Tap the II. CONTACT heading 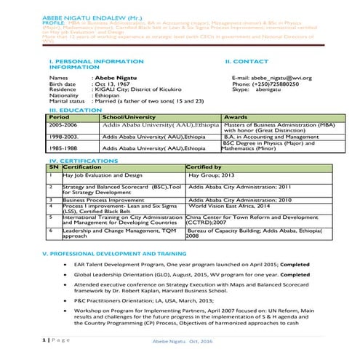pyautogui.click(x=247, y=61)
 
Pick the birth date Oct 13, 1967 pyautogui.click(x=113, y=84)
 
